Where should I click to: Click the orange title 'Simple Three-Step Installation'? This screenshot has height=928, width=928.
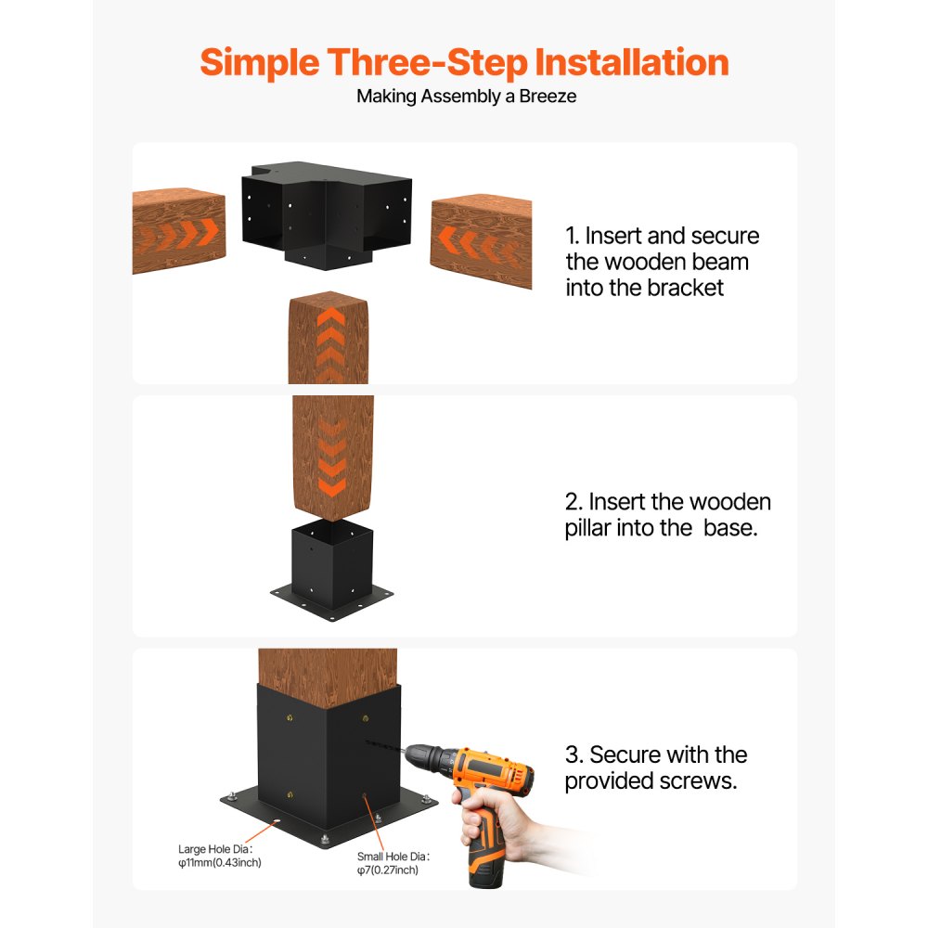[x=464, y=62]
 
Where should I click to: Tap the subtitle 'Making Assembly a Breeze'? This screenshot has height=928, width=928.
[x=466, y=97]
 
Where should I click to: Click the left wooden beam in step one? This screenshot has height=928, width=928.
[x=178, y=232]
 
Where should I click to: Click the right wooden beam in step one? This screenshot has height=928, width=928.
[x=481, y=239]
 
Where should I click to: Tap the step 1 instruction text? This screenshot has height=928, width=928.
[x=662, y=262]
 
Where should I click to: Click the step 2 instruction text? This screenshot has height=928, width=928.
[x=667, y=515]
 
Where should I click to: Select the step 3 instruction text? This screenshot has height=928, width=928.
[x=655, y=767]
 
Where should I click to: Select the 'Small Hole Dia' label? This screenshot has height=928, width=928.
[x=394, y=857]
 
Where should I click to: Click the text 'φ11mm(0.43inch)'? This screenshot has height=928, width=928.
[x=219, y=863]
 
